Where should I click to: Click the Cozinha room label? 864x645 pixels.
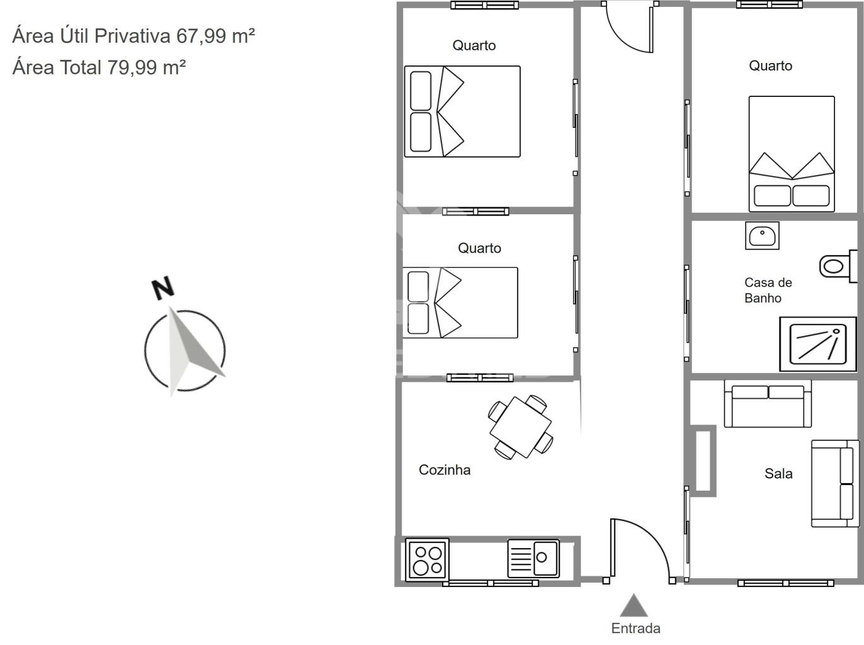(x=445, y=470)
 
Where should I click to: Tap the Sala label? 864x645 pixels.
(x=778, y=474)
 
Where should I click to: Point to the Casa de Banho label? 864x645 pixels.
(x=768, y=290)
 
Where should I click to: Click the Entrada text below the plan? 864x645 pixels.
(x=635, y=629)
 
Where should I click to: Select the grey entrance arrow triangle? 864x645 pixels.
(x=634, y=606)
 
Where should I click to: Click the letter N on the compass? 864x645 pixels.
(x=163, y=288)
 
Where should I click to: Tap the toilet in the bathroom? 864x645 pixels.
(x=838, y=266)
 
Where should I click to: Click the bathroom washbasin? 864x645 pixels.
(x=762, y=236)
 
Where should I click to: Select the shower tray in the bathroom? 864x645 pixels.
(x=818, y=344)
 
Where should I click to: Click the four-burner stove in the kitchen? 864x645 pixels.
(x=427, y=559)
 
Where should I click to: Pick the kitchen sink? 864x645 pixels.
(x=533, y=559)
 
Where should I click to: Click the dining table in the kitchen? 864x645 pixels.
(x=520, y=428)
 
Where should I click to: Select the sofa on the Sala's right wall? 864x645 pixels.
(x=835, y=484)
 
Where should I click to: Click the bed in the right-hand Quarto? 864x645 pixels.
(x=792, y=154)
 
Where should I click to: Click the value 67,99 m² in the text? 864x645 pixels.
(x=216, y=36)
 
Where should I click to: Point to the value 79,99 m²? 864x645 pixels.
(x=147, y=67)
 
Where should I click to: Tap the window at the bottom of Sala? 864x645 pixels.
(x=786, y=583)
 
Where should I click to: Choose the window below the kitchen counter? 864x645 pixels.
(x=491, y=583)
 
